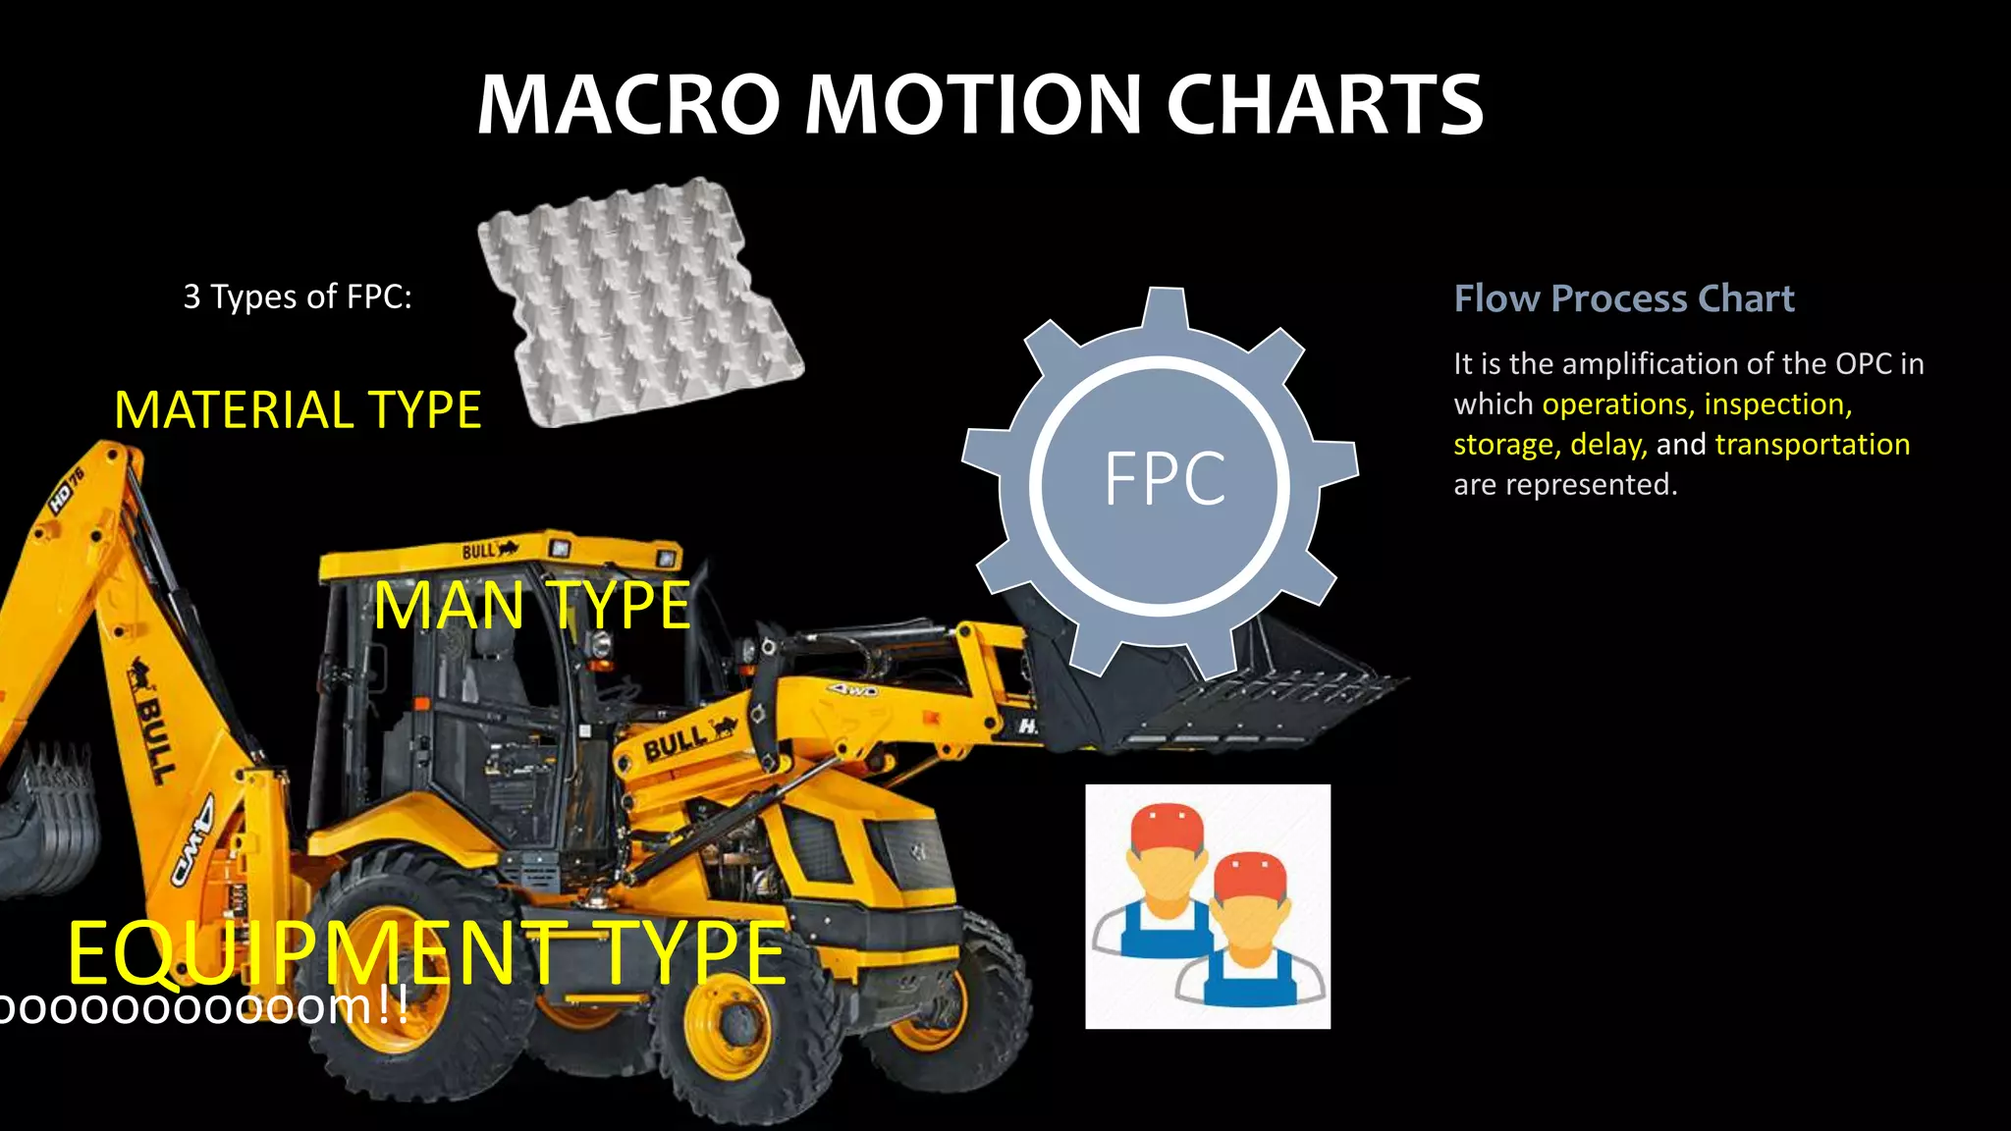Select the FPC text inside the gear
pos(1165,479)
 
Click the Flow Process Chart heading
pos(1623,298)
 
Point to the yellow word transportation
pos(1812,445)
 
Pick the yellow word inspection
pos(1777,404)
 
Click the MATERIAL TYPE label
pos(298,410)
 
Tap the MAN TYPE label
pos(532,606)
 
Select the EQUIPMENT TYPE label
pos(427,953)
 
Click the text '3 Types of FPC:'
pos(298,296)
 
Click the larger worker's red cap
pos(1167,828)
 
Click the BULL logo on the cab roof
pos(488,551)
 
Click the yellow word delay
pos(1607,445)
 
